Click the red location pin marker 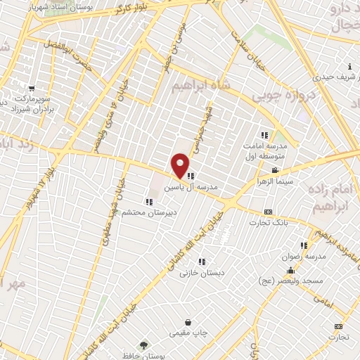pyautogui.click(x=181, y=165)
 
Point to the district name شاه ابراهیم pyautogui.click(x=200, y=88)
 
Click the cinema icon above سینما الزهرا pyautogui.click(x=275, y=170)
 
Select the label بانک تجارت pyautogui.click(x=269, y=222)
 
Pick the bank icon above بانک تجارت pyautogui.click(x=268, y=212)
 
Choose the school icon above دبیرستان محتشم pyautogui.click(x=148, y=201)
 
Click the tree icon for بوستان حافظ pyautogui.click(x=144, y=345)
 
